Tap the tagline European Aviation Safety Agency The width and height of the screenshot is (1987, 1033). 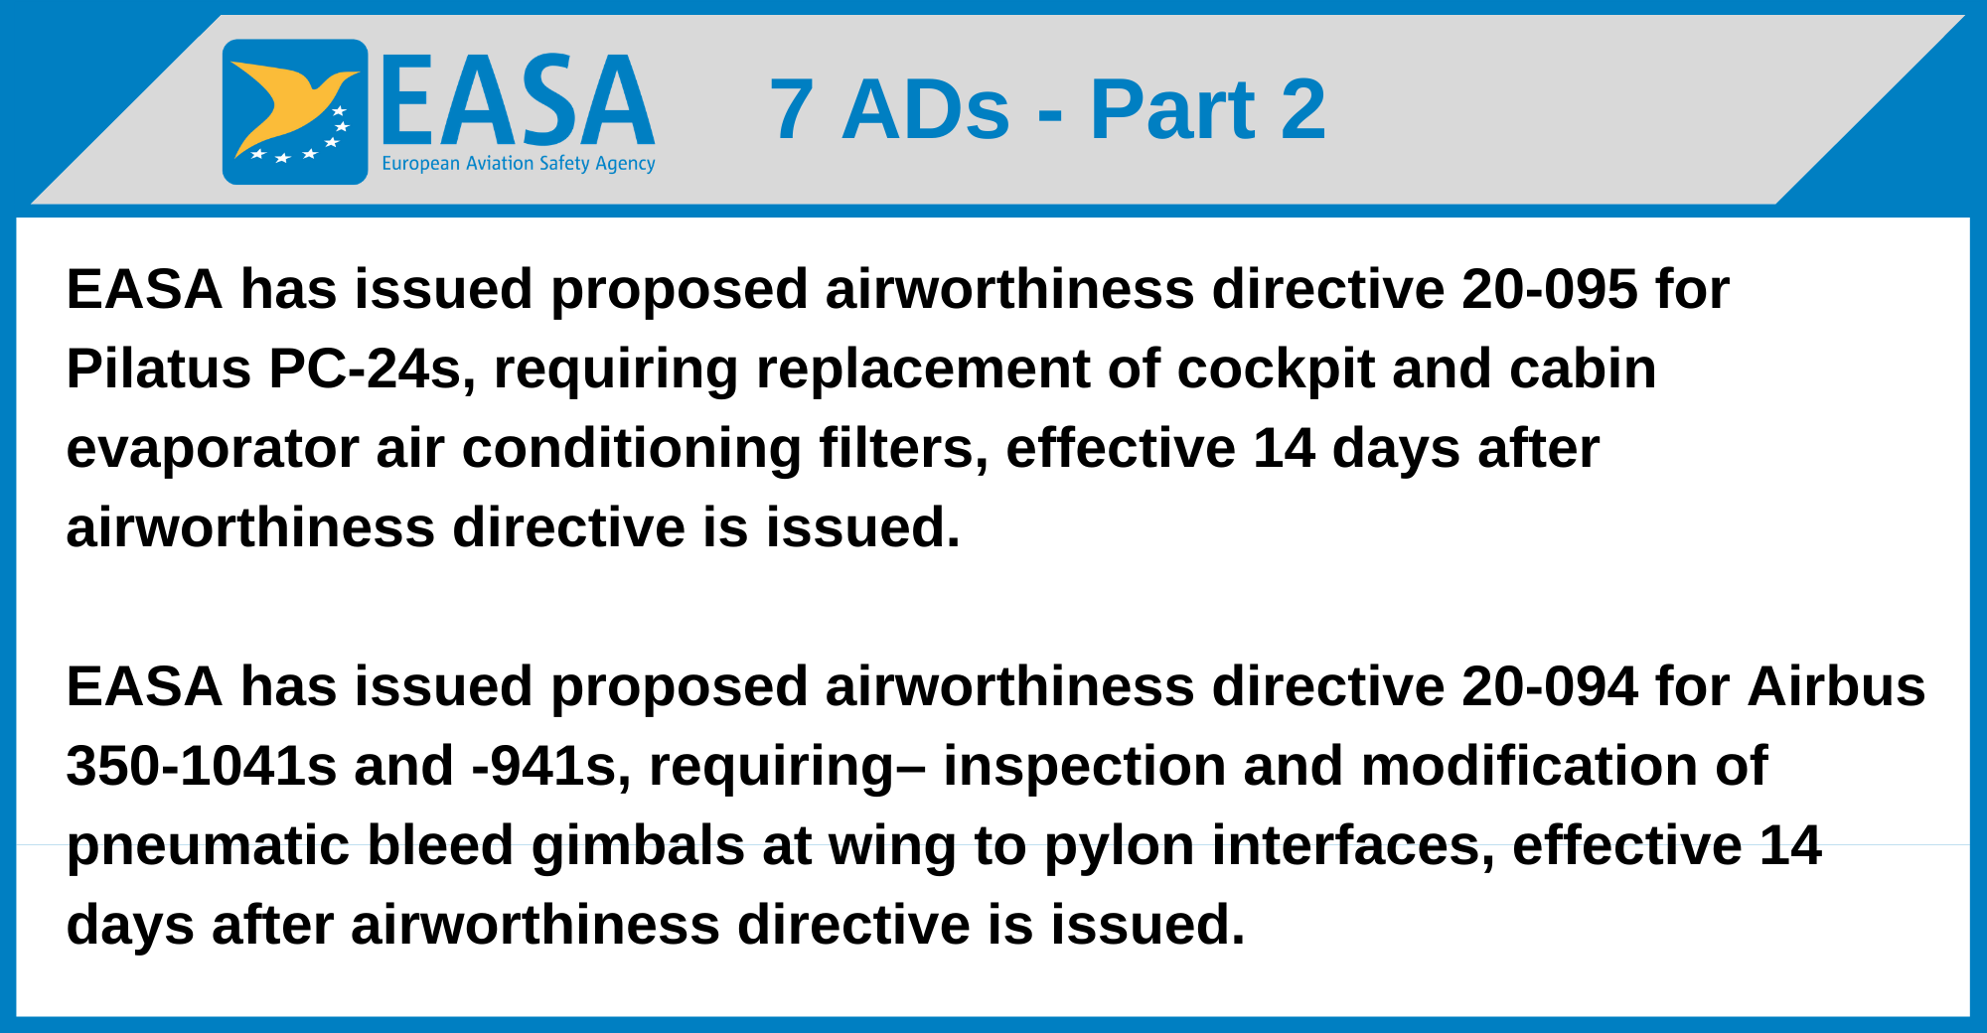pyautogui.click(x=518, y=164)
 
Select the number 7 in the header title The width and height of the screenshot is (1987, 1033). pyautogui.click(x=791, y=109)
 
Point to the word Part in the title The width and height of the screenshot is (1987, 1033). pyautogui.click(x=1172, y=109)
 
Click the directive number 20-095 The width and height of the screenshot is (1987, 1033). pyautogui.click(x=1549, y=290)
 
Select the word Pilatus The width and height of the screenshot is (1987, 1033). pyautogui.click(x=158, y=369)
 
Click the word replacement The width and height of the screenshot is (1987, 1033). pyautogui.click(x=923, y=369)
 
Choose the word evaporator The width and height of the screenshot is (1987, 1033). pyautogui.click(x=212, y=449)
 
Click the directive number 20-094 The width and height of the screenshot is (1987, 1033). pyautogui.click(x=1549, y=687)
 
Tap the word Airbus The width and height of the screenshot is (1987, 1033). pyautogui.click(x=1836, y=687)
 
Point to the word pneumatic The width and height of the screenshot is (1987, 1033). pyautogui.click(x=208, y=846)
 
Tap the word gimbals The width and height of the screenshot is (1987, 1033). pyautogui.click(x=638, y=846)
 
